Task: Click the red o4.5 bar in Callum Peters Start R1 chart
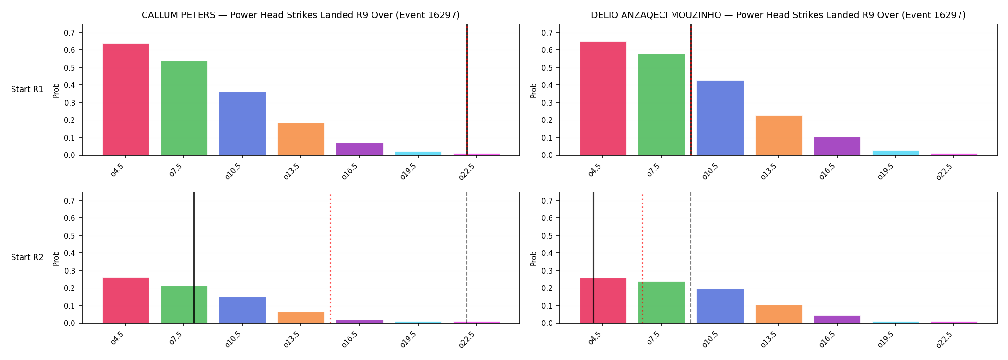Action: tap(126, 99)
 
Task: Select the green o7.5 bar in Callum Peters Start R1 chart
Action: tap(184, 108)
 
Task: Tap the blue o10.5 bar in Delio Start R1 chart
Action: tap(720, 118)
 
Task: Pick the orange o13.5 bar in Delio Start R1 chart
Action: tap(779, 135)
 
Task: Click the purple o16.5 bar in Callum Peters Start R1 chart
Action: tap(360, 149)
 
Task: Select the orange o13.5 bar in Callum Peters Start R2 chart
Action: tap(301, 318)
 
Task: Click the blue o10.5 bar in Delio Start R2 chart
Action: tap(720, 306)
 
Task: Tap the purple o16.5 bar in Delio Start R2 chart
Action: tap(837, 319)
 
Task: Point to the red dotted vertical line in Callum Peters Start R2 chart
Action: tap(330, 258)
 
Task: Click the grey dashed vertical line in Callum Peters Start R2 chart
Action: tap(467, 258)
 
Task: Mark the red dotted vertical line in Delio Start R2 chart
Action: tap(642, 258)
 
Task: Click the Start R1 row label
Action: tap(27, 89)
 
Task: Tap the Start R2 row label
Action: tap(27, 257)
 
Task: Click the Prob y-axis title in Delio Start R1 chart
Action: tap(533, 90)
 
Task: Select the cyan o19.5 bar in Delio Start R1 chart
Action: tap(896, 153)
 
